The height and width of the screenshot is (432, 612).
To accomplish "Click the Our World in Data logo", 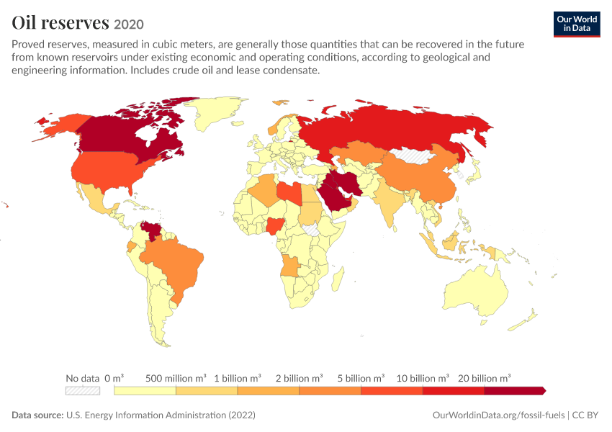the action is pyautogui.click(x=577, y=24).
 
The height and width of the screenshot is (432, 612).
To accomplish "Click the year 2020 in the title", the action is pyautogui.click(x=129, y=24).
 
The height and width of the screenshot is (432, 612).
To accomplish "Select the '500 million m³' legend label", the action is pyautogui.click(x=176, y=378).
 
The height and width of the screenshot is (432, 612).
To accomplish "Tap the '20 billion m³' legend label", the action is pyautogui.click(x=484, y=378).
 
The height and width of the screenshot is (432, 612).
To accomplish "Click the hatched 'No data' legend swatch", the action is pyautogui.click(x=83, y=391).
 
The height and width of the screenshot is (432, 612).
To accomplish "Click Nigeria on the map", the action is pyautogui.click(x=274, y=226).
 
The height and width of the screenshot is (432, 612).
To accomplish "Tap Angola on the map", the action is pyautogui.click(x=290, y=266).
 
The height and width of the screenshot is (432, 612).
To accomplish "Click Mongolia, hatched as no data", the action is pyautogui.click(x=415, y=155).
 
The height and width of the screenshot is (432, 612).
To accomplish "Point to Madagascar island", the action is pyautogui.click(x=338, y=279).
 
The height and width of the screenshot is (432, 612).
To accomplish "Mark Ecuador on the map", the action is pyautogui.click(x=132, y=247).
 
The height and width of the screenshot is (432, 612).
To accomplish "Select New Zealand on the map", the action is pyautogui.click(x=523, y=321).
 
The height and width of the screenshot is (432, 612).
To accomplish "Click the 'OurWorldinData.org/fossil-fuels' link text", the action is pyautogui.click(x=498, y=415).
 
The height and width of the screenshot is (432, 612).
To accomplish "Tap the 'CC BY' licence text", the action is pyautogui.click(x=585, y=415).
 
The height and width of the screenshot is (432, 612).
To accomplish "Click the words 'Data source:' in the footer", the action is pyautogui.click(x=37, y=415).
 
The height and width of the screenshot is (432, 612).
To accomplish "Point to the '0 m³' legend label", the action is pyautogui.click(x=114, y=378).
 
